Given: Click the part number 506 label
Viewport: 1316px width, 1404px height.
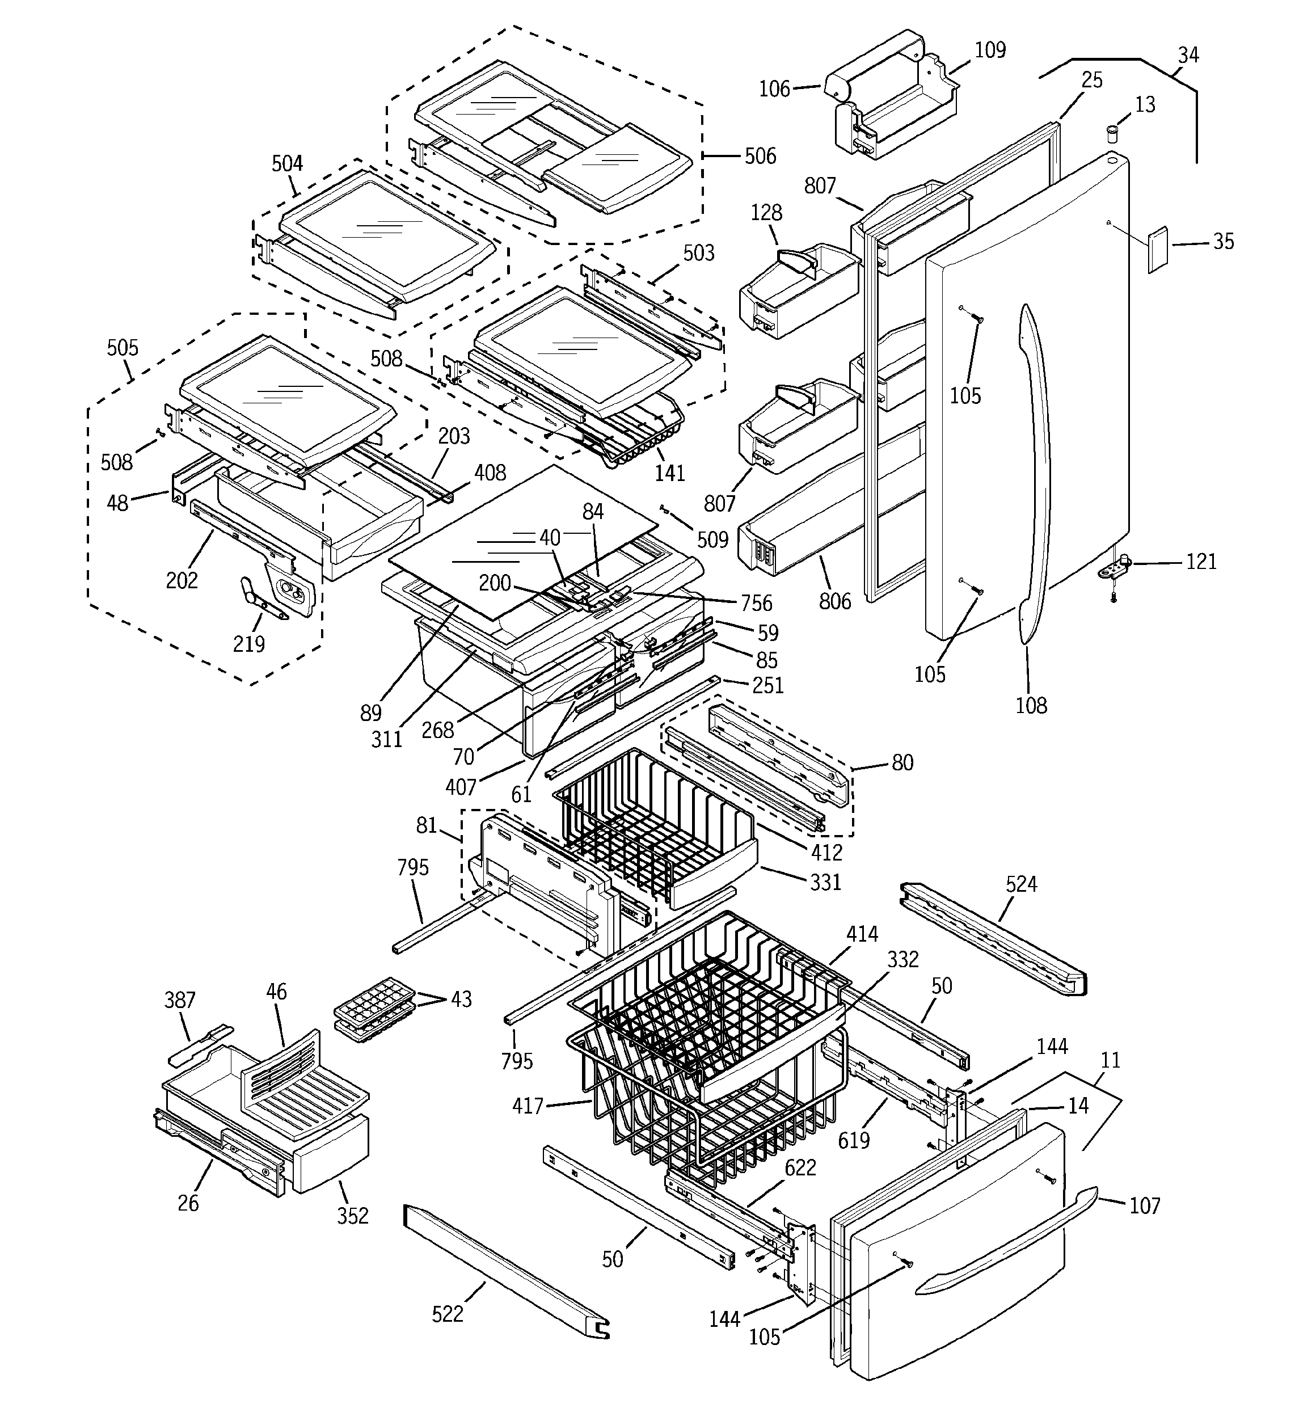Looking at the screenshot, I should [760, 156].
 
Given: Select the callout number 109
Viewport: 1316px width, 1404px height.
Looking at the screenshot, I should [990, 50].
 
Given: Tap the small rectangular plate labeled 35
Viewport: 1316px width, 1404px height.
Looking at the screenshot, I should [1157, 250].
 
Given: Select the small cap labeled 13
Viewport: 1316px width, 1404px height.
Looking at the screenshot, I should [1112, 133].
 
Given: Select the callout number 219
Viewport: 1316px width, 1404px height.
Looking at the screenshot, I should [248, 644].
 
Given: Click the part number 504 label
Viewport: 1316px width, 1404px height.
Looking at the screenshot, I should [287, 164].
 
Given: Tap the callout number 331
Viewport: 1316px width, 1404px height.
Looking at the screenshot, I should [825, 882].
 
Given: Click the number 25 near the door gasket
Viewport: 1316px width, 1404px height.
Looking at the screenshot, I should [1091, 81].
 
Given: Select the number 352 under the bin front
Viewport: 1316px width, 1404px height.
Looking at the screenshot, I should [352, 1216].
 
